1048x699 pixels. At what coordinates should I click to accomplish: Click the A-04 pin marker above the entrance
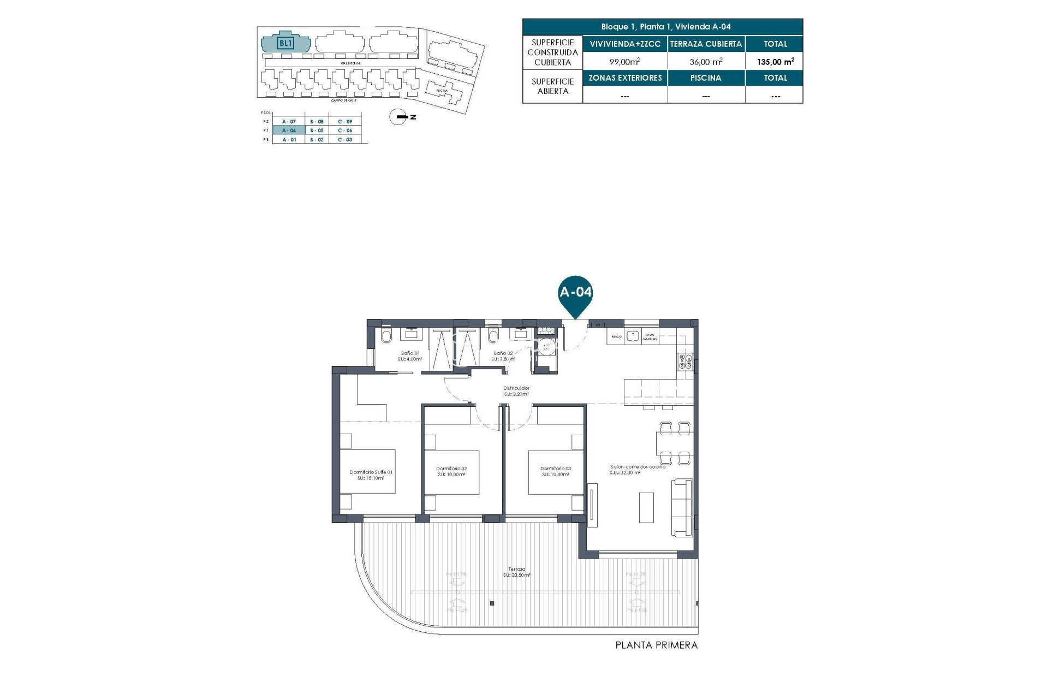pos(575,293)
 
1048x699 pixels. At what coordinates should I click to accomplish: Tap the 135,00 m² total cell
pos(775,62)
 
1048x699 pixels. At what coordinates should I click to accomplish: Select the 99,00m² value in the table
pos(624,62)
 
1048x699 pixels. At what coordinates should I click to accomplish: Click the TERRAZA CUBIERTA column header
pos(706,44)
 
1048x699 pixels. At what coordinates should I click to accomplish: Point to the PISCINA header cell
pos(706,78)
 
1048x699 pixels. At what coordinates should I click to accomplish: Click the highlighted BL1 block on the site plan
pos(285,43)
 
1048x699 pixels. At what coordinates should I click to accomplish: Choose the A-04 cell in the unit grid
pos(289,131)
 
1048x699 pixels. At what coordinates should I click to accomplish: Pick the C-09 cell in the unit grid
pos(345,122)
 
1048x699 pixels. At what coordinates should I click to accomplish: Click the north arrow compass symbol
pos(398,117)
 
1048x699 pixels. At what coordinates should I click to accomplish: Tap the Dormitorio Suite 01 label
pos(371,475)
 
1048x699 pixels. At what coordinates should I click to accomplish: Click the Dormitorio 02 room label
pos(451,471)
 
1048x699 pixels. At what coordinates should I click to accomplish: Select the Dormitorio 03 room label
pos(555,471)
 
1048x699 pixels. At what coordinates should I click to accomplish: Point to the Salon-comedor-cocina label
pos(637,469)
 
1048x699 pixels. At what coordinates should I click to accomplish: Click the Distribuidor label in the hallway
pos(516,391)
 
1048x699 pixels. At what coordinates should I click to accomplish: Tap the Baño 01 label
pos(410,356)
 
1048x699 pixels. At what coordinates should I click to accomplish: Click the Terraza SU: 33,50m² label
pos(516,572)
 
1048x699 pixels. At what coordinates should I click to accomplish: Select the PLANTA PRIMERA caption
pos(656,645)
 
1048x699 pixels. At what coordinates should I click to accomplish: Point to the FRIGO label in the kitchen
pos(616,336)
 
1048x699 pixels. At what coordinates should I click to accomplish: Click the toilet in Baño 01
pos(386,336)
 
